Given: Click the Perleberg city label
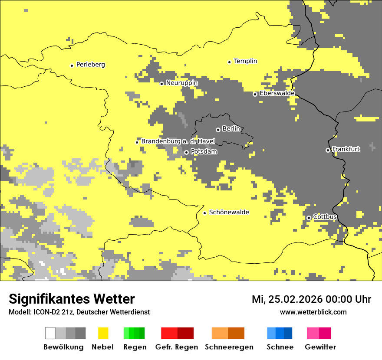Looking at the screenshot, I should point(90,65).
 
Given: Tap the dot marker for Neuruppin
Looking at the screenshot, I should point(161,84).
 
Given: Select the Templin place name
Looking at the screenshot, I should point(245,61).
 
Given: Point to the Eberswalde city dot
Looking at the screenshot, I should point(255,94).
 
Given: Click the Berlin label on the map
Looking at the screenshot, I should point(231,129).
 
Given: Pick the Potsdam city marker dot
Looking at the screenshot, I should point(186,152).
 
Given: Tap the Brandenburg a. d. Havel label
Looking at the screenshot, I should point(178,141).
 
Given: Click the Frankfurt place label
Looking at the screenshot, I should point(346,149).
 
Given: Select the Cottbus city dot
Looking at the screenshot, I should point(309,218).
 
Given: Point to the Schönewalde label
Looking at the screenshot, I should point(229,212).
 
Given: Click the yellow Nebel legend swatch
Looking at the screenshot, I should point(103,333).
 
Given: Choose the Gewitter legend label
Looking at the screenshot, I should point(320,347).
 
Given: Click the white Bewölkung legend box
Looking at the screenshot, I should point(50,333).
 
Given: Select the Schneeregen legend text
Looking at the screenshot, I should point(229,347).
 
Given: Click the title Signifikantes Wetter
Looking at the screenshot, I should point(72,299).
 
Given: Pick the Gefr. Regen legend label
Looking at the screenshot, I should point(177,347).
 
